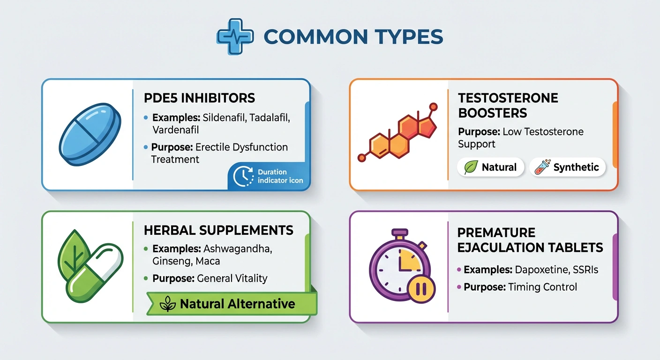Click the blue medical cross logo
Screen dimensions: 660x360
pyautogui.click(x=235, y=37)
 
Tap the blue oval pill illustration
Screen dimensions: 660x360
pyautogui.click(x=90, y=135)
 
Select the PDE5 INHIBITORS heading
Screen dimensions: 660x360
pyautogui.click(x=199, y=98)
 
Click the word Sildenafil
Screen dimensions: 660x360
pyautogui.click(x=224, y=118)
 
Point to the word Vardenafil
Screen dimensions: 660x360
pyautogui.click(x=176, y=130)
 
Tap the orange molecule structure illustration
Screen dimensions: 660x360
pyautogui.click(x=398, y=132)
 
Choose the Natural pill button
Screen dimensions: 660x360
pyautogui.click(x=491, y=167)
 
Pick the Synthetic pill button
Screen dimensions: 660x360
pyautogui.click(x=568, y=167)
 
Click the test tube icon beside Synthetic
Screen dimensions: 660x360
pyautogui.click(x=543, y=167)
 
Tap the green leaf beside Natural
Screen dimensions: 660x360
pyautogui.click(x=471, y=167)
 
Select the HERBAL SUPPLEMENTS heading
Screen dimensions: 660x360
pyautogui.click(x=218, y=230)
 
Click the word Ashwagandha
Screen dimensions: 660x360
pyautogui.click(x=238, y=249)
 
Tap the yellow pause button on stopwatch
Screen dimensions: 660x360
pyautogui.click(x=421, y=289)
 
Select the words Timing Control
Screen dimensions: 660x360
pyautogui.click(x=543, y=287)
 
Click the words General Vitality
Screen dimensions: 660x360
pyautogui.click(x=232, y=278)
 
